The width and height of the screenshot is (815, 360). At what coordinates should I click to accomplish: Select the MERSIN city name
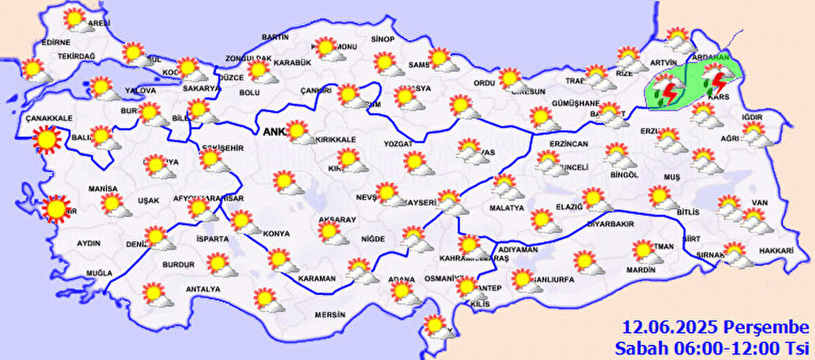[x=331, y=315]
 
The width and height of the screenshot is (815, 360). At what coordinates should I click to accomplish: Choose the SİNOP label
[x=382, y=39]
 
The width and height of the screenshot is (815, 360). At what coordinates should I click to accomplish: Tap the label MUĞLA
[x=99, y=273]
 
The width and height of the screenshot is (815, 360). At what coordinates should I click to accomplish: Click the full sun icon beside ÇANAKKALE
[x=47, y=139]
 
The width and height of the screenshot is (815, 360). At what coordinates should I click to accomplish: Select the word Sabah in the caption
[x=638, y=348]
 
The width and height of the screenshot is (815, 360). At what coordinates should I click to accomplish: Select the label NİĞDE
[x=373, y=238]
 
